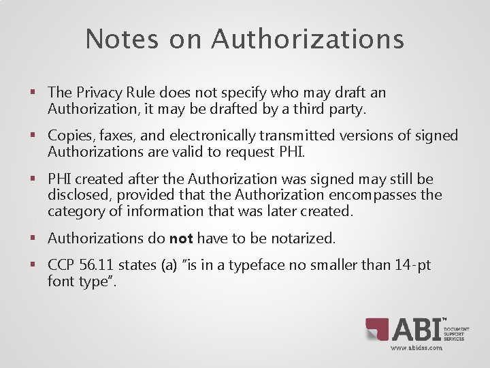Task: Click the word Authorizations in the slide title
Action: click(308, 39)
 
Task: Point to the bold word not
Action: click(181, 238)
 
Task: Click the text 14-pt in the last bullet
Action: click(412, 264)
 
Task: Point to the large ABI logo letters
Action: click(416, 330)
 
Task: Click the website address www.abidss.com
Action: click(416, 348)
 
